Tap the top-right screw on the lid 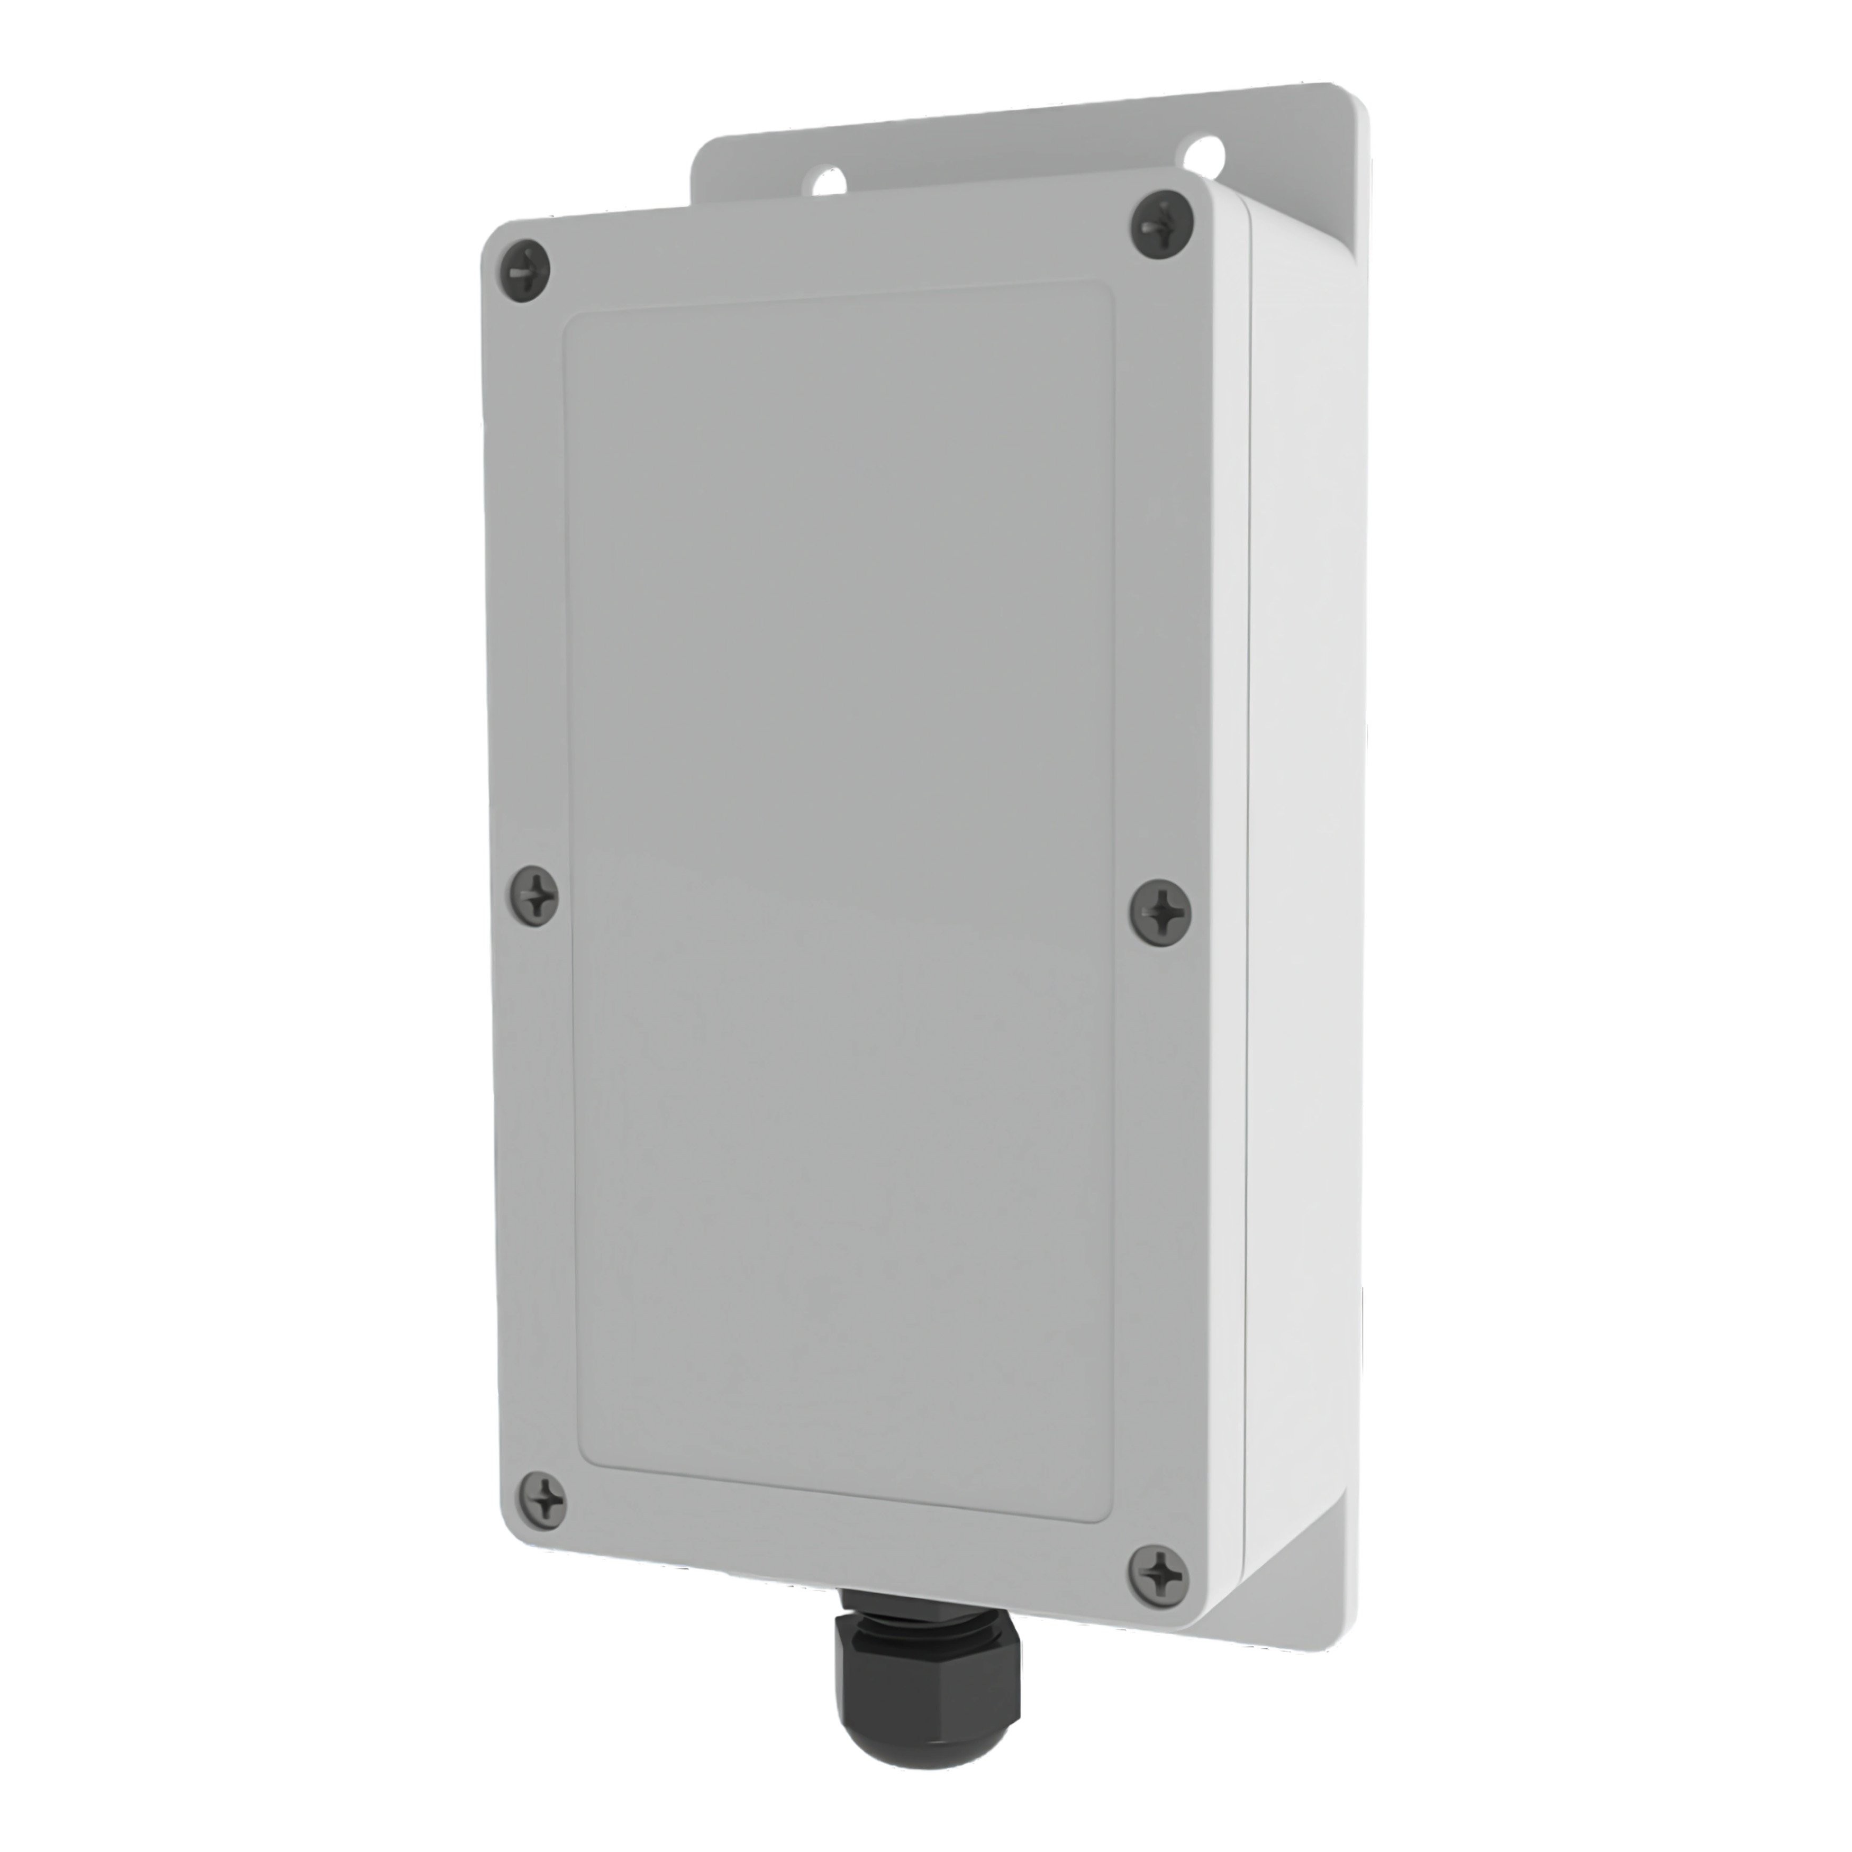tap(1162, 226)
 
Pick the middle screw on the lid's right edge tap(1161, 907)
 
